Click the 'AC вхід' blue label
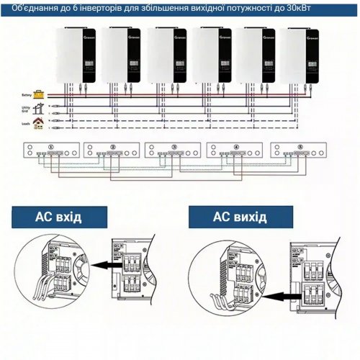pos(59,217)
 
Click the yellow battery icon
pos(41,94)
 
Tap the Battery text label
pos(27,94)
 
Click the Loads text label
pos(26,123)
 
